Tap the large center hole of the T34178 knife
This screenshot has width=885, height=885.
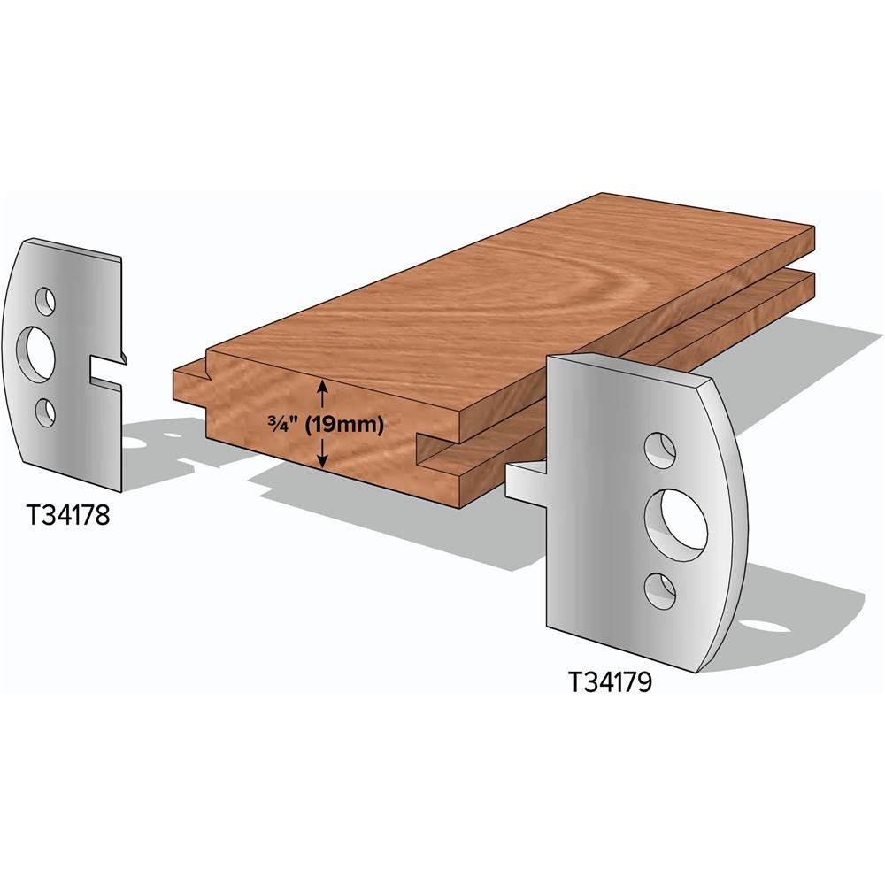pyautogui.click(x=39, y=350)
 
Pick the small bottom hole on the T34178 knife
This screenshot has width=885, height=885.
pyautogui.click(x=45, y=412)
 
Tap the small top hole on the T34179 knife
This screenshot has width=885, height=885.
pyautogui.click(x=659, y=450)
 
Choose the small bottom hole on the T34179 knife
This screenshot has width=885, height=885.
pyautogui.click(x=660, y=590)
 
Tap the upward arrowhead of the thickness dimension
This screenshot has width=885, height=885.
pyautogui.click(x=322, y=387)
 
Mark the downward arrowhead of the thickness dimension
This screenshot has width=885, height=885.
pyautogui.click(x=322, y=462)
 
